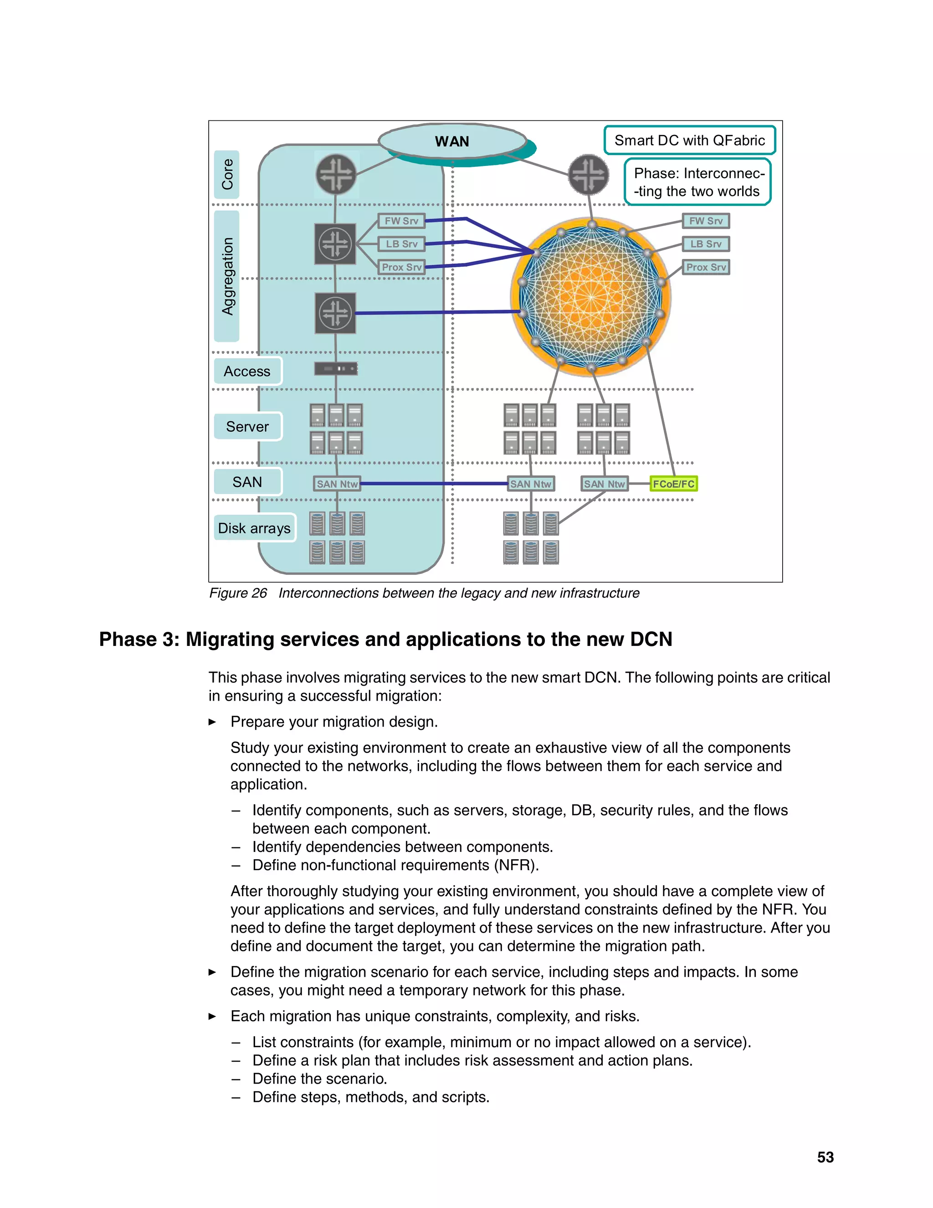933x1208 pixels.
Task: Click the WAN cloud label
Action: [x=451, y=142]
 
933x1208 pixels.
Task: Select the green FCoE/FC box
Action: [x=673, y=484]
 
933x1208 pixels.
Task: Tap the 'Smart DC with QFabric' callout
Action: [x=689, y=140]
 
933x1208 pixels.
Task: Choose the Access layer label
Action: [x=247, y=371]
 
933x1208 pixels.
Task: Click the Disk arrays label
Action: [x=254, y=528]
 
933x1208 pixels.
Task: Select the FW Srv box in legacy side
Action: [x=401, y=221]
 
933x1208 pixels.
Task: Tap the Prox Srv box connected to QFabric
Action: [x=706, y=267]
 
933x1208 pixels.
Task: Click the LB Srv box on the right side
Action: [x=706, y=244]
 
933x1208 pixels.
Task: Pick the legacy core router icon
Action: [x=335, y=174]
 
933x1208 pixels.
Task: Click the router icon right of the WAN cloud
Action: [x=589, y=174]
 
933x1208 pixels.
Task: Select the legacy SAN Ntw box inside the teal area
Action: [x=337, y=484]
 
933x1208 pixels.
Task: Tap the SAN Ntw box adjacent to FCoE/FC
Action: [x=604, y=484]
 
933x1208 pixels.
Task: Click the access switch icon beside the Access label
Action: [x=335, y=368]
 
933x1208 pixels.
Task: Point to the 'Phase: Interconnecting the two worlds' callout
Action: [x=697, y=182]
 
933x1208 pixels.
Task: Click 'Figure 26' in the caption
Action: [x=238, y=593]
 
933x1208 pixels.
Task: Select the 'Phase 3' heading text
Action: [x=385, y=640]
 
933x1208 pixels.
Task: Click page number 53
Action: [x=825, y=1157]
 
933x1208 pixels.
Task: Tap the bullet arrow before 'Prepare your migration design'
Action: [x=212, y=722]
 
